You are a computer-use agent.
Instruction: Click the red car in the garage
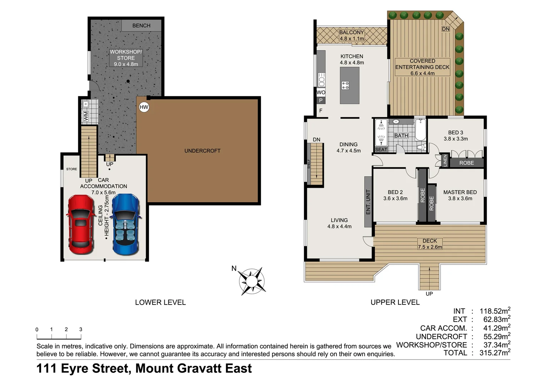(80, 224)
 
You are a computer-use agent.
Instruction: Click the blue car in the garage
(125, 224)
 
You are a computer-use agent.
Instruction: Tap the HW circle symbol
(144, 107)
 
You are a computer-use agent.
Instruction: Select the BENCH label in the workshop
(141, 26)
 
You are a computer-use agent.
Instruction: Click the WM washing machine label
(86, 116)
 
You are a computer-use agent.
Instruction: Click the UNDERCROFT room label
(202, 151)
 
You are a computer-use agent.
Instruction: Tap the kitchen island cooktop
(345, 85)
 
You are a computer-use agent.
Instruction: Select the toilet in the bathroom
(421, 147)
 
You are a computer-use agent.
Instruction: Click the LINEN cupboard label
(445, 161)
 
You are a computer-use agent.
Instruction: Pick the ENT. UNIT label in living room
(368, 202)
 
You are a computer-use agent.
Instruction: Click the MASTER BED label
(460, 192)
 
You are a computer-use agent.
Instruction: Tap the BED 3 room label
(456, 133)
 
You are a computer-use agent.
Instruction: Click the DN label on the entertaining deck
(446, 29)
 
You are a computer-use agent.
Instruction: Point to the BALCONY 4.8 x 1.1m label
(352, 35)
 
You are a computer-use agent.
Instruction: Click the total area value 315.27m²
(495, 353)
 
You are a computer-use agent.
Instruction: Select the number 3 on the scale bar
(81, 330)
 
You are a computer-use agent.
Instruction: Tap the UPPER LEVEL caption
(395, 302)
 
